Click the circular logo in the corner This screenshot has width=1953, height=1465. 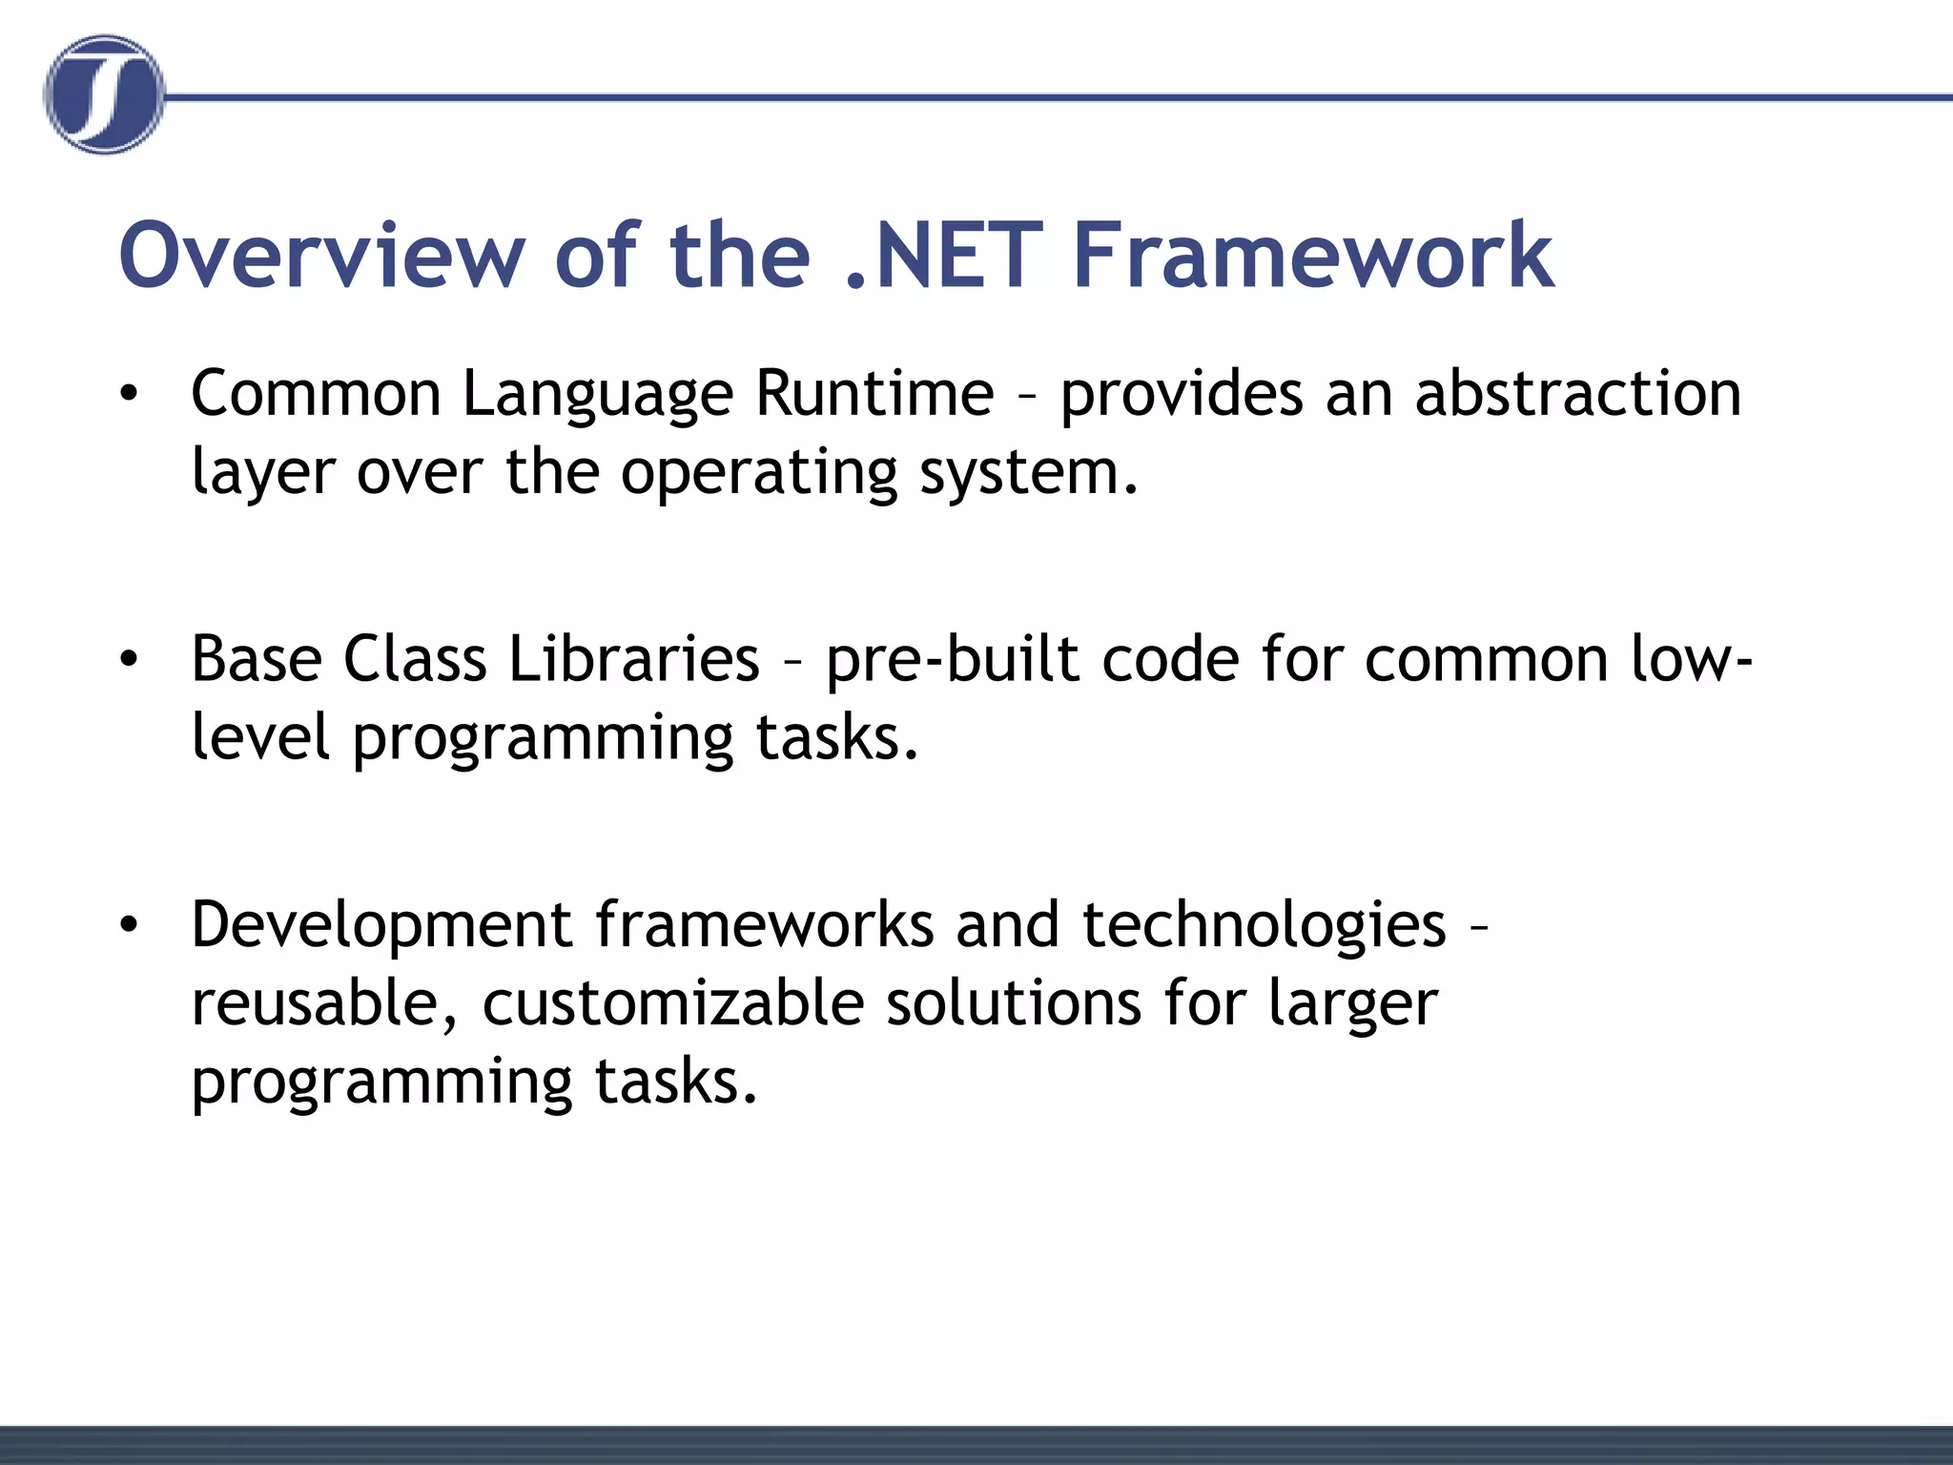coord(104,94)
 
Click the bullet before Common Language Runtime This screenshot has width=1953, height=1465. coord(130,393)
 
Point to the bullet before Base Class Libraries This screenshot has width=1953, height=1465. coord(130,659)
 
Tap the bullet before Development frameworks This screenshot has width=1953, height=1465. coord(130,924)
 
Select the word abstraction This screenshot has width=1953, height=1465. coord(1577,393)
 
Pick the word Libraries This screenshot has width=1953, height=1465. coord(633,659)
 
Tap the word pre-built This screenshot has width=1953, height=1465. coord(953,659)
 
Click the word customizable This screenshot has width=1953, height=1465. coord(672,1003)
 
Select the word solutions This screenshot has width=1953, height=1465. coord(1013,1003)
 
